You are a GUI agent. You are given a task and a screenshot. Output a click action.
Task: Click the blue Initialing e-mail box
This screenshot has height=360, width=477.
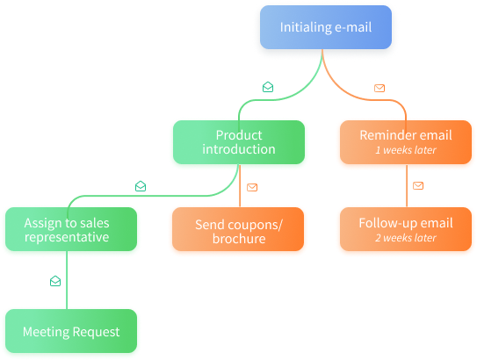[x=326, y=28]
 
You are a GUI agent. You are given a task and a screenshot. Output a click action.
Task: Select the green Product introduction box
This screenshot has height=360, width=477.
[x=239, y=143]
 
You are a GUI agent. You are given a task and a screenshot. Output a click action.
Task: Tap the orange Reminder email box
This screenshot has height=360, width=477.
[x=406, y=143]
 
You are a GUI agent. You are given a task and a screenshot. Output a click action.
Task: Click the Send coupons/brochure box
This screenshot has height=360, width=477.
[x=239, y=231]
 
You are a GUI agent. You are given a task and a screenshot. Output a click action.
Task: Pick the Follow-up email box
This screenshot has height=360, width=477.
[x=406, y=230]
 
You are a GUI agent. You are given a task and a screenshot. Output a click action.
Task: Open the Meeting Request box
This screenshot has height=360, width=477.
[x=69, y=332]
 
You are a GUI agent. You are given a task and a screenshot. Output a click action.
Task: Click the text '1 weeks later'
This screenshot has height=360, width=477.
[x=406, y=150]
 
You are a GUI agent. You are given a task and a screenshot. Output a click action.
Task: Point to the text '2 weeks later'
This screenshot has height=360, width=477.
[x=406, y=238]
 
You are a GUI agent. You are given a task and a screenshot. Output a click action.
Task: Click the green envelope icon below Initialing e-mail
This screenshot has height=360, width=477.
[x=268, y=87]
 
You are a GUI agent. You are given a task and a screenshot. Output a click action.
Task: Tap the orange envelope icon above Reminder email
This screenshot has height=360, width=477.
[x=379, y=88]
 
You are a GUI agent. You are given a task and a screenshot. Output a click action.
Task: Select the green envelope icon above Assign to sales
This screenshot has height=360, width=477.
[x=141, y=186]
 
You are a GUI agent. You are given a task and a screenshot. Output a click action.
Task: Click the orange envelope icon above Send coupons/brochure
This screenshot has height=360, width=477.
[x=252, y=186]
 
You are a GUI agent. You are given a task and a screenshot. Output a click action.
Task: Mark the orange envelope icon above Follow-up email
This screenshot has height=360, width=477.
[x=418, y=185]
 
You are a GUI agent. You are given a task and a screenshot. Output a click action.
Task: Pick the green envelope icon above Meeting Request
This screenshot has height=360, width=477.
[x=55, y=281]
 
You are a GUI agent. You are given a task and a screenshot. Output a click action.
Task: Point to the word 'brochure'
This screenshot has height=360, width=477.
[x=239, y=238]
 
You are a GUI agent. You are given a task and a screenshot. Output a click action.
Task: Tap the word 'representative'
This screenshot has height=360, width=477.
[x=67, y=237]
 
